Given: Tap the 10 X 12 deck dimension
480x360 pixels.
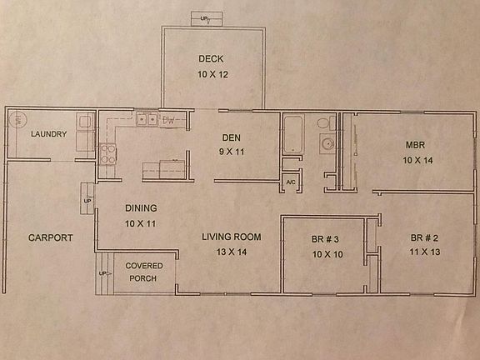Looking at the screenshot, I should [212, 75].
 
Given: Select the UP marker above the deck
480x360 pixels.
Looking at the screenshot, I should [206, 17].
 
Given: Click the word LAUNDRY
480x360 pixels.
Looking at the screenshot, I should [48, 134].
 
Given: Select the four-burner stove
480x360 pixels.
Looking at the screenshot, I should [108, 152].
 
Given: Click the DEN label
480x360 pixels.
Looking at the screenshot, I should [231, 137].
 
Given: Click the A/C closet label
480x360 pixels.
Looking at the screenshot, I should [291, 182].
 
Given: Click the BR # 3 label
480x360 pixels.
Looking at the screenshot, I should [326, 238].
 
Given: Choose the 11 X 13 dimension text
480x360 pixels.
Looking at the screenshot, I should [425, 252].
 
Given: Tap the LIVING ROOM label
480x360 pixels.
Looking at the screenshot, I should [231, 237].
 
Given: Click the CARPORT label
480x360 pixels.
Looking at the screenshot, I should [50, 237].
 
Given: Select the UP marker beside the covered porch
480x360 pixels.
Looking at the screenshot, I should [103, 273].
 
